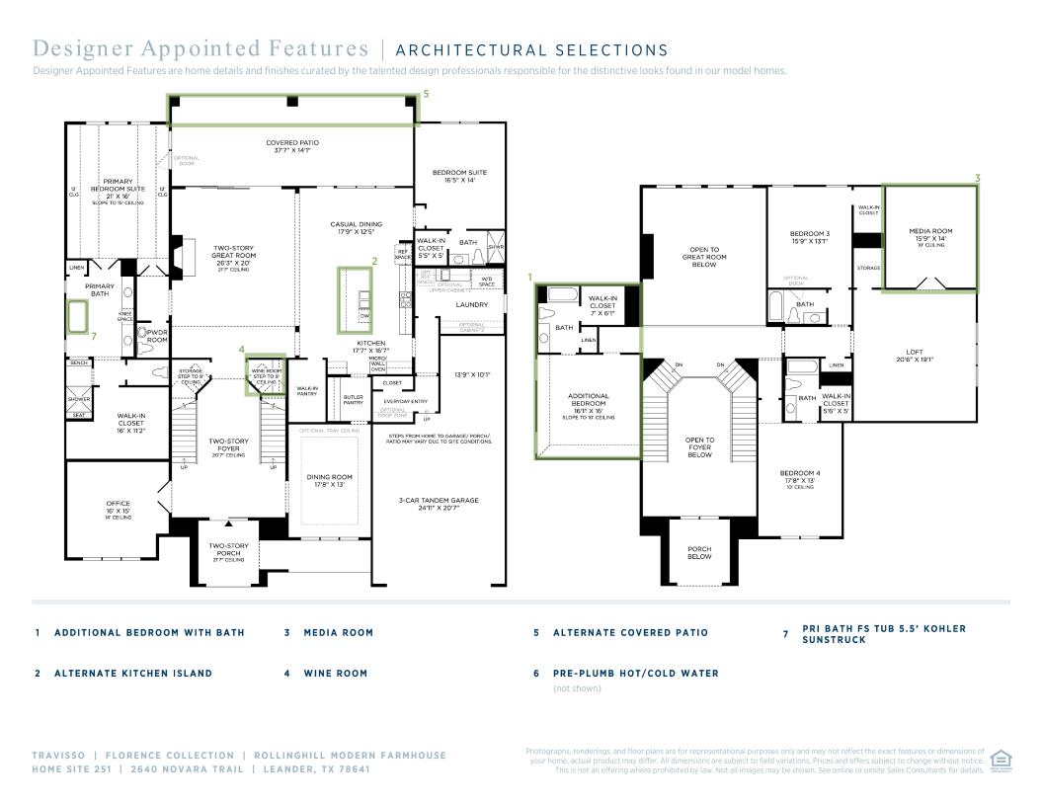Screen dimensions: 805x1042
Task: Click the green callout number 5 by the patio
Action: point(426,94)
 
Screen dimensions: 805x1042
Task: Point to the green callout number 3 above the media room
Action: point(978,178)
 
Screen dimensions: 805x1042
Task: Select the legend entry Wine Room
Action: point(335,674)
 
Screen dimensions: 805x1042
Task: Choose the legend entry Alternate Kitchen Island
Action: point(133,674)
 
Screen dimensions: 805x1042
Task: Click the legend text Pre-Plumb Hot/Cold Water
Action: point(635,674)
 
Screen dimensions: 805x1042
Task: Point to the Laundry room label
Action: point(472,305)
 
